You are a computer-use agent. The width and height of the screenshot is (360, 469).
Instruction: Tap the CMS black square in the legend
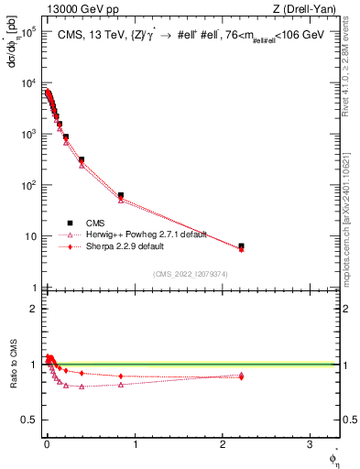pos(69,223)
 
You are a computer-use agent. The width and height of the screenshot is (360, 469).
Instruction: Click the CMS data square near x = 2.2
pos(241,246)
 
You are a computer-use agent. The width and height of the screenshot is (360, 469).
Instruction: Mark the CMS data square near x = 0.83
pos(121,195)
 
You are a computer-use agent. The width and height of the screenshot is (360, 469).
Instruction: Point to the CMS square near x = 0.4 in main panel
pos(82,159)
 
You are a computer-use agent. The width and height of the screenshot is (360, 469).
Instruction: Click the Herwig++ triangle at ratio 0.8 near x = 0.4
pos(82,387)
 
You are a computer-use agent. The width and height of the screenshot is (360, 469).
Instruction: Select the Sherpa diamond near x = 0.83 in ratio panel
pos(121,376)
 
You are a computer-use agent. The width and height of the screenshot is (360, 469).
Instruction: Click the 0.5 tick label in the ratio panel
pos(26,420)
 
